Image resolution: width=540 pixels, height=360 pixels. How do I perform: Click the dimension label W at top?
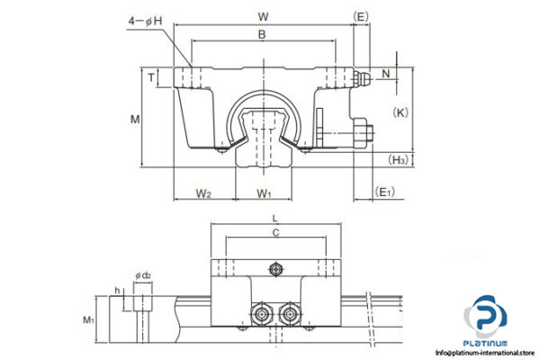point(262,16)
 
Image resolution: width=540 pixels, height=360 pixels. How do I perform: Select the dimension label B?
point(262,35)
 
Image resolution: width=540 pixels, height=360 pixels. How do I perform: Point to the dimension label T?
point(150,78)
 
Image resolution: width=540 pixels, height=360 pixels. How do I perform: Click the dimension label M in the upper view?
point(134,119)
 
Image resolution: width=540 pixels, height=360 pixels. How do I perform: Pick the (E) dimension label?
point(360,16)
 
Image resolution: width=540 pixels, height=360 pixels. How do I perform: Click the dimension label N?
point(386,73)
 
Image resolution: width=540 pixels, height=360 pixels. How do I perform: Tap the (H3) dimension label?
point(399,160)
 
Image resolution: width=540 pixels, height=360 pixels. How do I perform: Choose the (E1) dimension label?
point(385,192)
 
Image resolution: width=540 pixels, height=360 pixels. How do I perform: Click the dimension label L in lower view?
point(275,219)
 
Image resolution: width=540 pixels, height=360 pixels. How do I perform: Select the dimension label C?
point(275,233)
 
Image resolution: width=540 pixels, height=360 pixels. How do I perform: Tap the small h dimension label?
point(118,291)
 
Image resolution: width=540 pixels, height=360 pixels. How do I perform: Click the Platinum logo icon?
point(486,319)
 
